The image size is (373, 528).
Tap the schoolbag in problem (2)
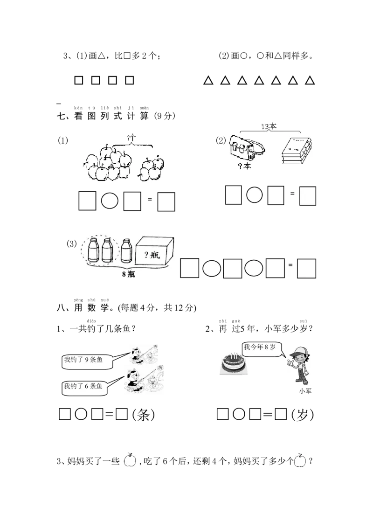pyautogui.click(x=247, y=148)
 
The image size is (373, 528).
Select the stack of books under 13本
pyautogui.click(x=297, y=151)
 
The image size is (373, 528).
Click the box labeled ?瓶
pyautogui.click(x=154, y=251)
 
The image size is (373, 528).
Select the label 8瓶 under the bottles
pyautogui.click(x=128, y=274)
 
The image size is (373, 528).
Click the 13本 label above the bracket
pyautogui.click(x=269, y=126)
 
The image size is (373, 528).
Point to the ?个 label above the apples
pyautogui.click(x=131, y=138)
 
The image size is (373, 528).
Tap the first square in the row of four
pyautogui.click(x=78, y=80)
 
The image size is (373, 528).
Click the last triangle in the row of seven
pyautogui.click(x=310, y=80)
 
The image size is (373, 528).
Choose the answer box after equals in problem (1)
pyautogui.click(x=166, y=201)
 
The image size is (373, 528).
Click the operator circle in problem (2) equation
pyautogui.click(x=255, y=195)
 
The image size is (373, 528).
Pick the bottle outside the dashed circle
pyautogui.click(x=126, y=250)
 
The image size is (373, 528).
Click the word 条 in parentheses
pyautogui.click(x=144, y=415)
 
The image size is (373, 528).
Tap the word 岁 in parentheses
pyautogui.click(x=302, y=415)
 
